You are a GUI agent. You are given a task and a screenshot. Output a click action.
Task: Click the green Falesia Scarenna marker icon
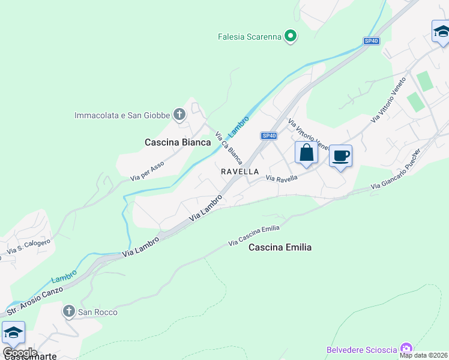coord(291,37)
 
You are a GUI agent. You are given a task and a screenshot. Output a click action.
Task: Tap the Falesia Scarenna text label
coord(249,37)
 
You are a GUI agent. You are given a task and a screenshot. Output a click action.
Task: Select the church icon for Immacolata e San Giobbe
coord(179,114)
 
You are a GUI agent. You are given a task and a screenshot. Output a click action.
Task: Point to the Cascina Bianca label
coord(178,142)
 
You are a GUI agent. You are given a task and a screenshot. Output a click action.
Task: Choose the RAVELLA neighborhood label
coord(240,172)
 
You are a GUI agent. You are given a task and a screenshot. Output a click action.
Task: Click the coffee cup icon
coord(340,156)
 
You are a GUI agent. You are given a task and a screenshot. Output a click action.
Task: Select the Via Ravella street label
coord(282,178)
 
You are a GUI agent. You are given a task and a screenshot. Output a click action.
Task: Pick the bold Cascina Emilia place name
coord(280,247)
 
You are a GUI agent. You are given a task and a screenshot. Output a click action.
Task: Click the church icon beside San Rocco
coord(69,311)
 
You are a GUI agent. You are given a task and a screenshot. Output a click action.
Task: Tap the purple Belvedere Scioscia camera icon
coord(406,349)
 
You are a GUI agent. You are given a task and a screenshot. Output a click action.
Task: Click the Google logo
coord(20,353)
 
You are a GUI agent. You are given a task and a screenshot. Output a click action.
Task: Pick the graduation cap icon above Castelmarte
coord(13,332)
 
